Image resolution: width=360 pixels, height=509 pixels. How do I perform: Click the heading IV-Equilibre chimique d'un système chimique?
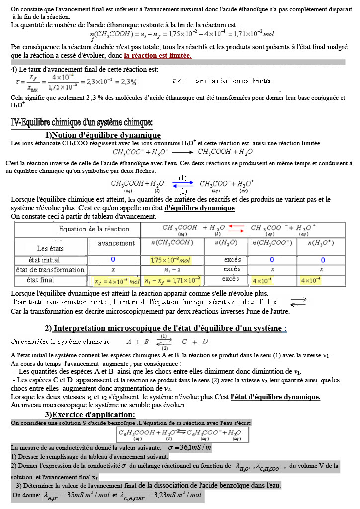coord(82,122)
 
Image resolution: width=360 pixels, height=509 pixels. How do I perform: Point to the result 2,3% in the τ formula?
coord(128,81)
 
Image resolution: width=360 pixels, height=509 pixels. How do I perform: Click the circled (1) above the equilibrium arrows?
coord(182,177)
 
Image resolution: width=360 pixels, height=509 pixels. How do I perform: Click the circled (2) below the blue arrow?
coord(182,191)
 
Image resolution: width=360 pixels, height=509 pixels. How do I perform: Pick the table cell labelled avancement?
coord(116,243)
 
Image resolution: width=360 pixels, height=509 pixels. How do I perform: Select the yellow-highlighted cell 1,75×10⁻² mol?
coord(170,260)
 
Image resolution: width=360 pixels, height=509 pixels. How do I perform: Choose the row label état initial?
coord(44,260)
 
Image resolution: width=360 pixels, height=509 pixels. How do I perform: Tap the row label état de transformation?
coord(50,270)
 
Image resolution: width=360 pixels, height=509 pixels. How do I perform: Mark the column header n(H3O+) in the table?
coord(320,243)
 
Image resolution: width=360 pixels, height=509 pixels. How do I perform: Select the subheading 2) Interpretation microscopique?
coord(166,328)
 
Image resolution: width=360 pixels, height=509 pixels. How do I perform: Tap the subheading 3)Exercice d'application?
coord(90,415)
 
